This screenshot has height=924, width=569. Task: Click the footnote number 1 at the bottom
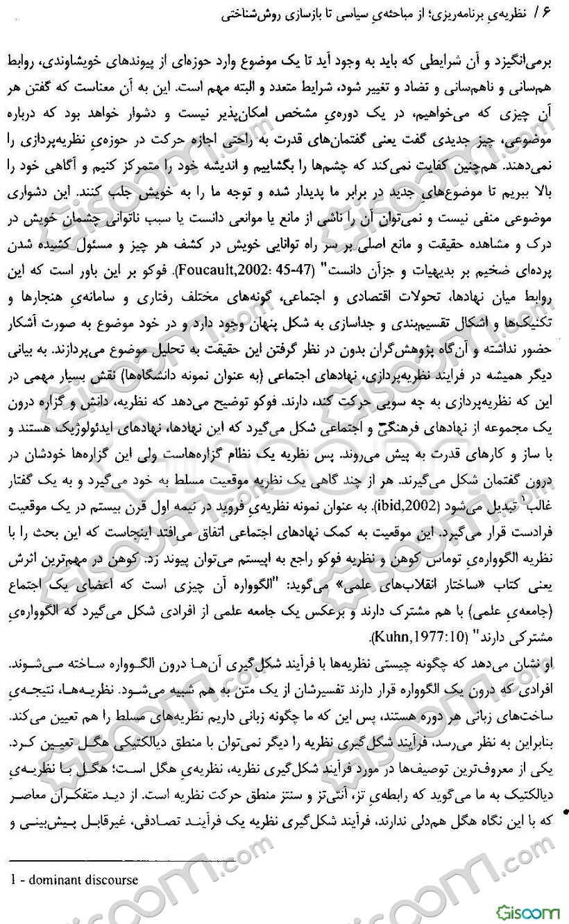pos(4,880)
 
